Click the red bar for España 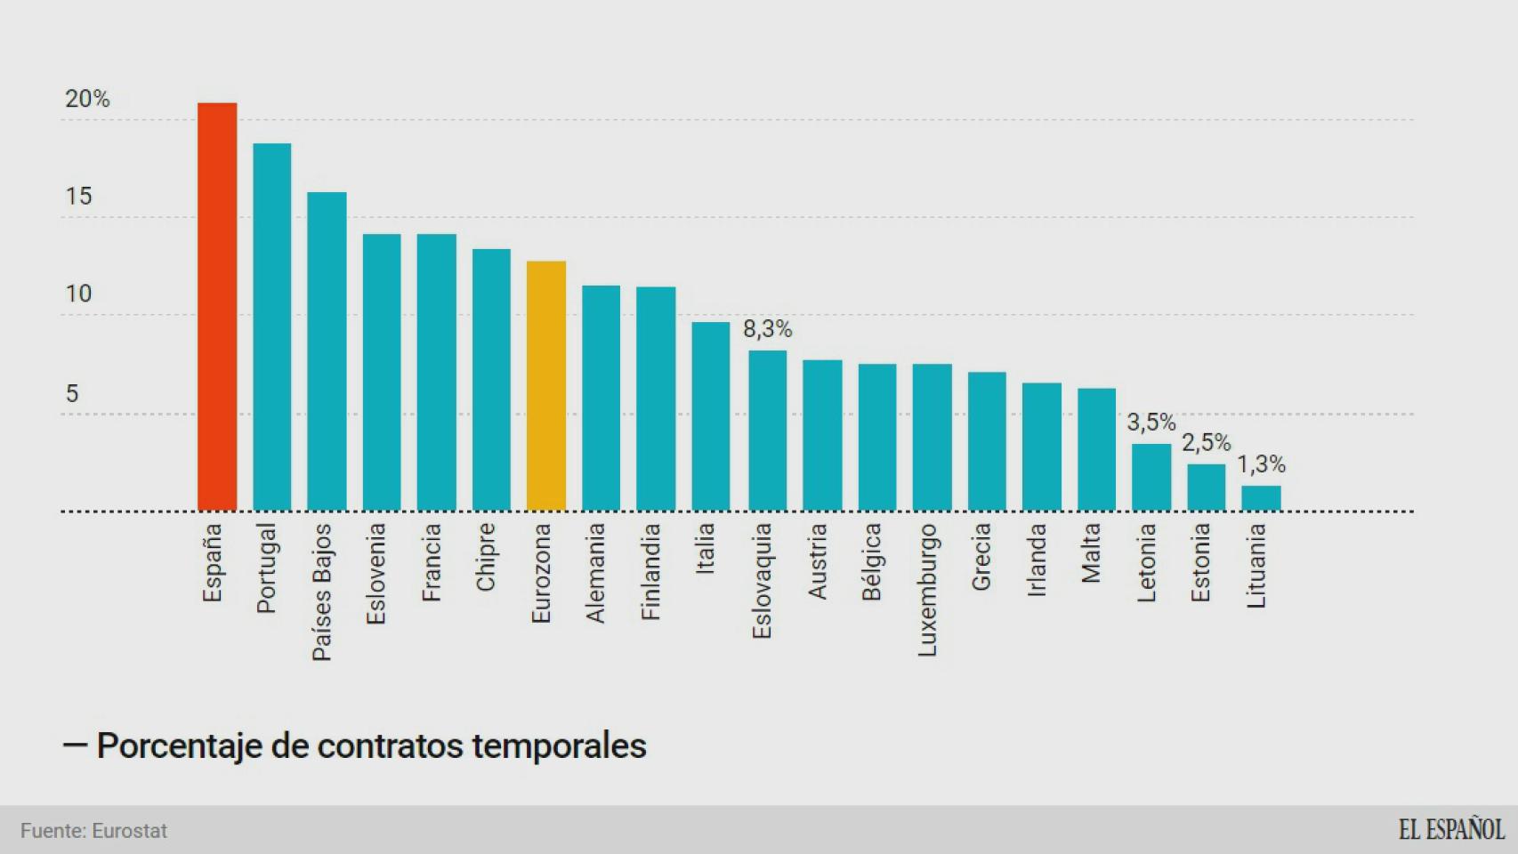coord(217,307)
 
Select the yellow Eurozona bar coord(546,386)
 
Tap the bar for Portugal coord(272,327)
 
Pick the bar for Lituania coord(1261,498)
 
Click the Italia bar coord(711,416)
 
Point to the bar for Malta coord(1096,449)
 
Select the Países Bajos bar coord(327,351)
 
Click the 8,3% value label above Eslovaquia coord(767,329)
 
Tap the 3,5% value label coord(1151,423)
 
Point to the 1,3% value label coord(1261,464)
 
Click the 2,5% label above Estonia coord(1206,443)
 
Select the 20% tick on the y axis coord(87,99)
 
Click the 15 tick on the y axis coord(78,197)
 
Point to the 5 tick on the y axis coord(72,393)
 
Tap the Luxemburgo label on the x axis coord(927,590)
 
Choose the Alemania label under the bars coord(595,573)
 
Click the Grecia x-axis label coord(981,557)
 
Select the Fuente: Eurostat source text coord(93,831)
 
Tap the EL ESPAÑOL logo coord(1450,830)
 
